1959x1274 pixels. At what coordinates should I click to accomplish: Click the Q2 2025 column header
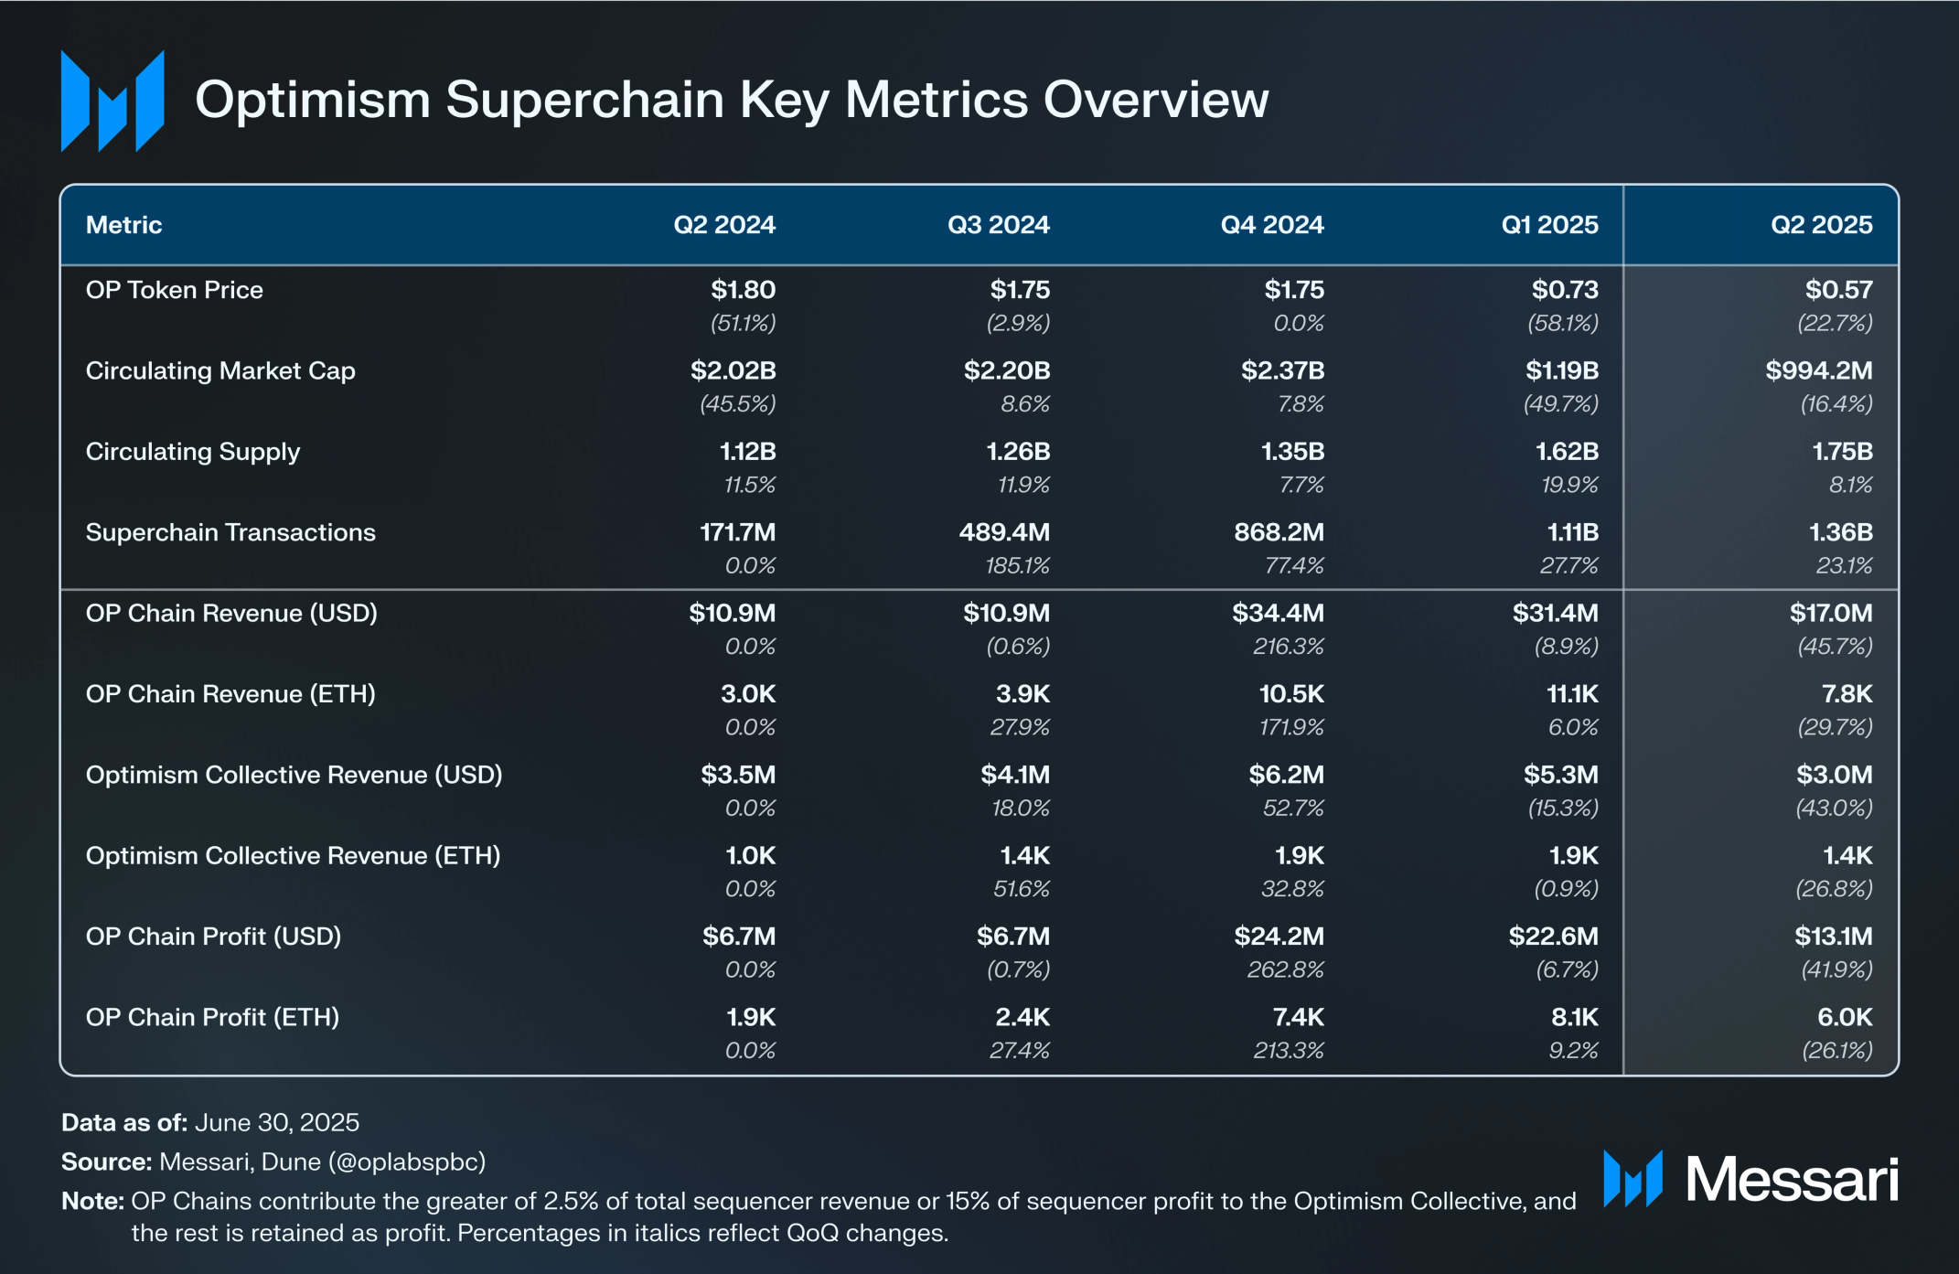[x=1821, y=225]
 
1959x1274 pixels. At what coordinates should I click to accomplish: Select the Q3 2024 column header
[x=998, y=225]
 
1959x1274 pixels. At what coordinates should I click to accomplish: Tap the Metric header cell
[x=123, y=225]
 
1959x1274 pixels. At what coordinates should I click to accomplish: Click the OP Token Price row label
[x=174, y=290]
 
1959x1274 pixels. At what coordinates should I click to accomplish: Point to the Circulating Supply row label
[x=192, y=452]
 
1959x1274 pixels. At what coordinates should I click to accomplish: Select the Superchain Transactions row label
[x=230, y=532]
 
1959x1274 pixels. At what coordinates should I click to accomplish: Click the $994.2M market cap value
[x=1818, y=370]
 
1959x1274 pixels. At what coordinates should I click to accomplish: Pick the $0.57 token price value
[x=1838, y=290]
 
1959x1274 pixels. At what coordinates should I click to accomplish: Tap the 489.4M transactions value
[x=1004, y=532]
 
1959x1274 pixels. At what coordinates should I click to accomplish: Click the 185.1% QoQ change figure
[x=1017, y=566]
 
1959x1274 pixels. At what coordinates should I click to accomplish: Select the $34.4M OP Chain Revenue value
[x=1278, y=613]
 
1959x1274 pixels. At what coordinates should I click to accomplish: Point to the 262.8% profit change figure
[x=1285, y=969]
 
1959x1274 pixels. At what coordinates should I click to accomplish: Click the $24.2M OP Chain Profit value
[x=1279, y=937]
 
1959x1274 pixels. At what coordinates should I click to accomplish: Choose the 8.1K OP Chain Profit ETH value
[x=1574, y=1017]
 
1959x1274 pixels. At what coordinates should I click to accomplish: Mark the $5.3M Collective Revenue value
[x=1560, y=775]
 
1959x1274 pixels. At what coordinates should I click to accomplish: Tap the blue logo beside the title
[x=112, y=101]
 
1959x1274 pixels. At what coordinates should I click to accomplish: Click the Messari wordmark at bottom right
[x=1791, y=1179]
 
